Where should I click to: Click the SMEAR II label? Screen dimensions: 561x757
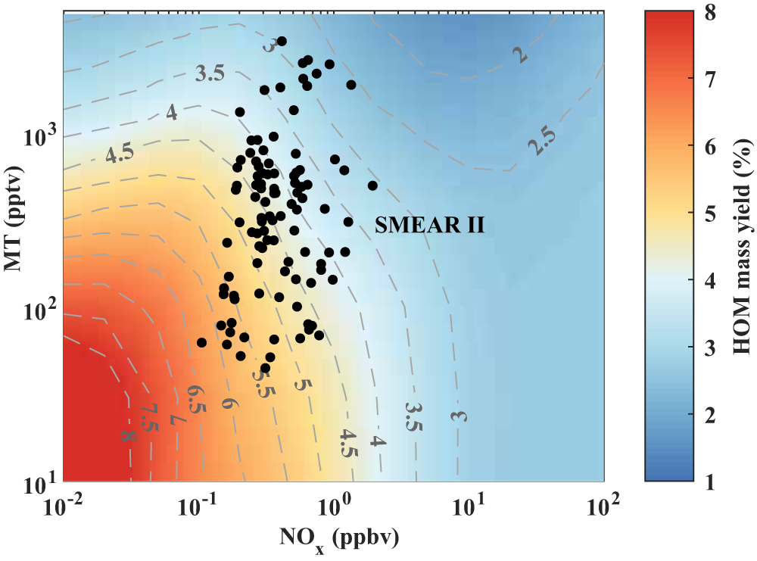(429, 225)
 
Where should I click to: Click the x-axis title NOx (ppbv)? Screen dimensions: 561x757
(334, 538)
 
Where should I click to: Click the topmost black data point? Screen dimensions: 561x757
(282, 41)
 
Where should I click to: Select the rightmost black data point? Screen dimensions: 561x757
(372, 185)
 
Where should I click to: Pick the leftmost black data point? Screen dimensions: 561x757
(201, 342)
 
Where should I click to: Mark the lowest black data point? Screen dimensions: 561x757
(265, 368)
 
